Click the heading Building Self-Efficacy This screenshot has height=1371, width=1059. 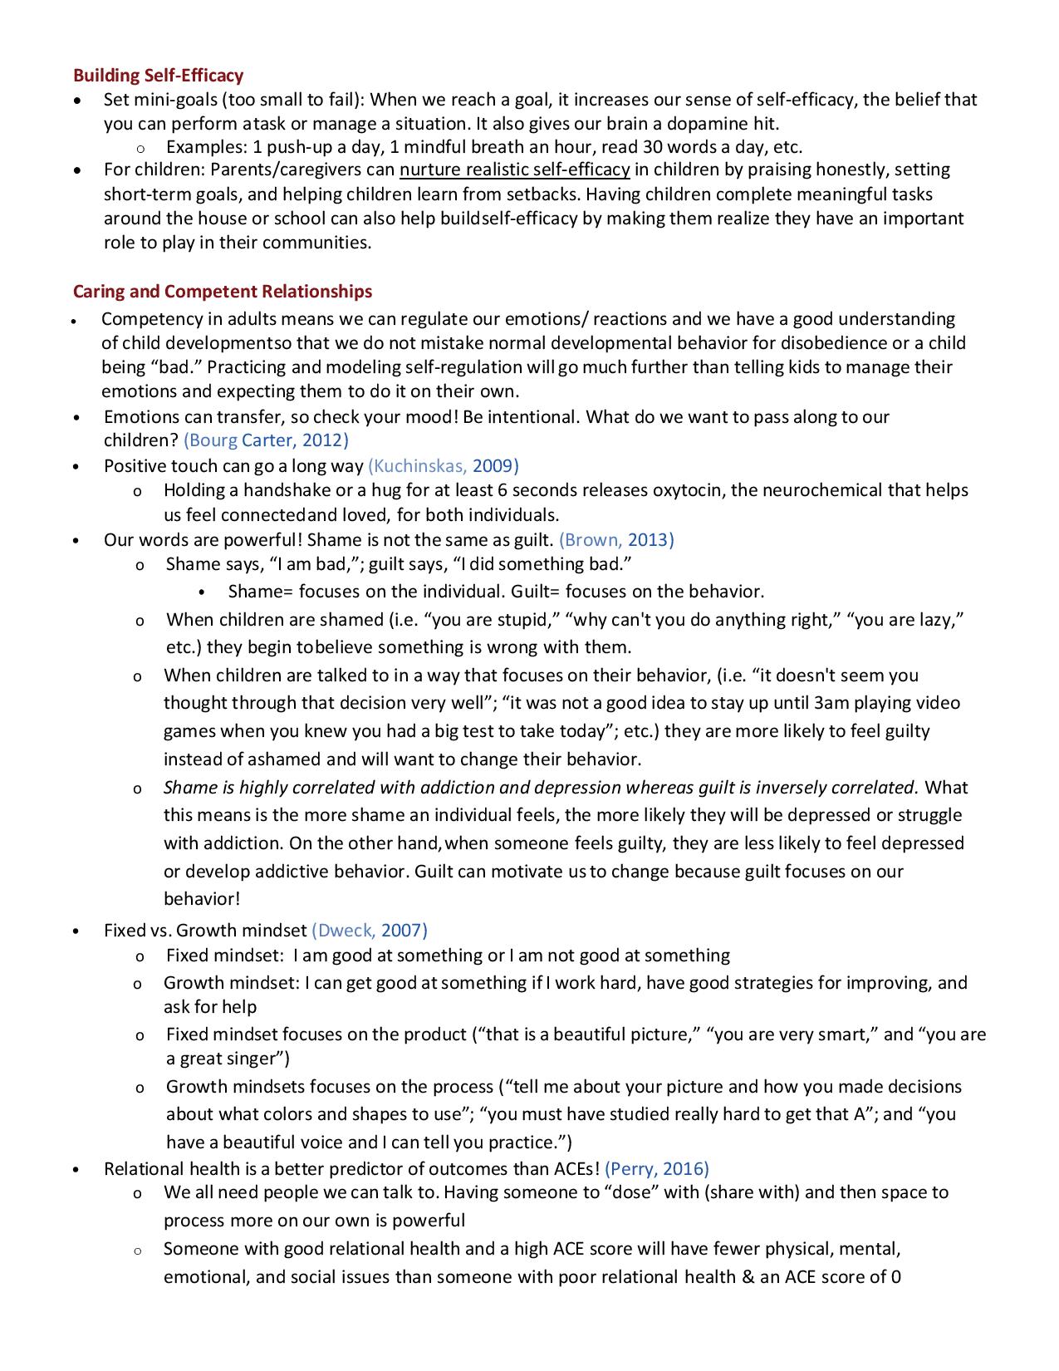coord(158,76)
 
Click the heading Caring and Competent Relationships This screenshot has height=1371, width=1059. coord(223,292)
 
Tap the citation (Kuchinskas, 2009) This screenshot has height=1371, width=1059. coord(444,466)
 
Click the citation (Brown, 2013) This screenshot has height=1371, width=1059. coord(616,540)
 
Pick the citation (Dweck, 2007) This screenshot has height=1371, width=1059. coord(370,931)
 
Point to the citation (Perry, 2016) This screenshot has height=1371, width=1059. coord(657,1169)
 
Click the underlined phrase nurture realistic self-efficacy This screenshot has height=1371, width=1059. coord(514,170)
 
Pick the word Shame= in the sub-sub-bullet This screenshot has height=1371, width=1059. coord(260,592)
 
